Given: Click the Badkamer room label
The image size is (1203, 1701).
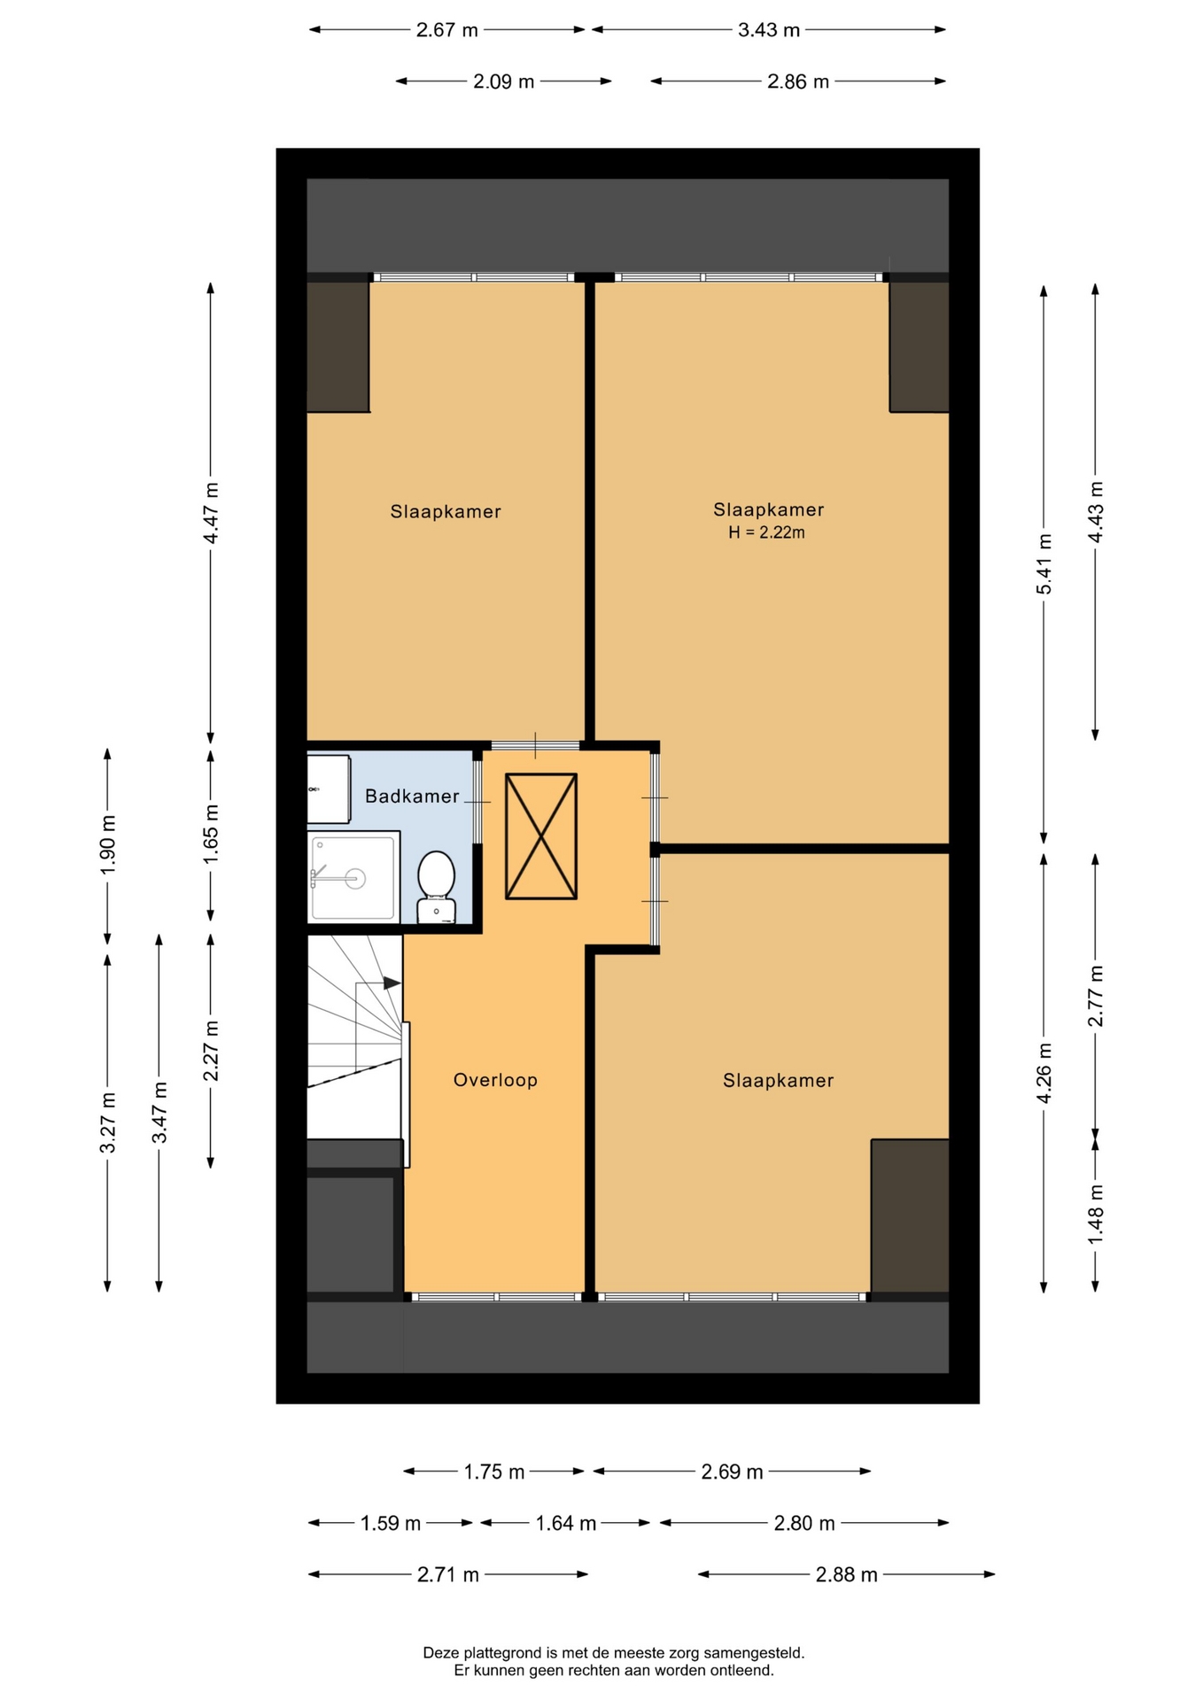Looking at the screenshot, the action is (x=412, y=796).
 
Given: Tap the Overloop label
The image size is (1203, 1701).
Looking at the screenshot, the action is (x=495, y=1079).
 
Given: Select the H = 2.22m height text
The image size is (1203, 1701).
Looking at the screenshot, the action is (x=766, y=532).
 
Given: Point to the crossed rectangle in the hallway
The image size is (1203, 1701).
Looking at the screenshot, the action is (x=541, y=836).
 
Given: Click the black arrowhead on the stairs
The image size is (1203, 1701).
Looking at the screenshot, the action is (x=392, y=983).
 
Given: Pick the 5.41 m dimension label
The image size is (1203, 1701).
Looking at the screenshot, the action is (x=1044, y=564).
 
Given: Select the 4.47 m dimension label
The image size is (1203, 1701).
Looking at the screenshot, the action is (x=210, y=514).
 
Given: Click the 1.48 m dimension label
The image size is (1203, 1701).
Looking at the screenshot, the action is (x=1095, y=1214).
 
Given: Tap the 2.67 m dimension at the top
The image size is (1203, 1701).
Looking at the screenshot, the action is (x=447, y=30).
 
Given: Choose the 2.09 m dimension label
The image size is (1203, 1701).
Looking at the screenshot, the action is (x=503, y=82).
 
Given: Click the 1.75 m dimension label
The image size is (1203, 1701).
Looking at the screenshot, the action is (x=494, y=1472).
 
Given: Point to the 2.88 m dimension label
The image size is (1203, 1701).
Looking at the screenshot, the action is (x=846, y=1574).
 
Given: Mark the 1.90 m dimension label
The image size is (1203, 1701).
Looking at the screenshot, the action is (x=107, y=843).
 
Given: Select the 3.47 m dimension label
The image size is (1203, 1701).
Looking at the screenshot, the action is (x=159, y=1113).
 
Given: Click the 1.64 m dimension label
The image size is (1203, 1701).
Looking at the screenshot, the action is (x=565, y=1523).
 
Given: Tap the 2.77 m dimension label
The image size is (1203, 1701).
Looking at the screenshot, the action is (x=1095, y=996).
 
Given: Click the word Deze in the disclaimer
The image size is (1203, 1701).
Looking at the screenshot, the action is (x=440, y=1652).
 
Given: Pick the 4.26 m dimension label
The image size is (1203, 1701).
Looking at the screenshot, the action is (x=1044, y=1074).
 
